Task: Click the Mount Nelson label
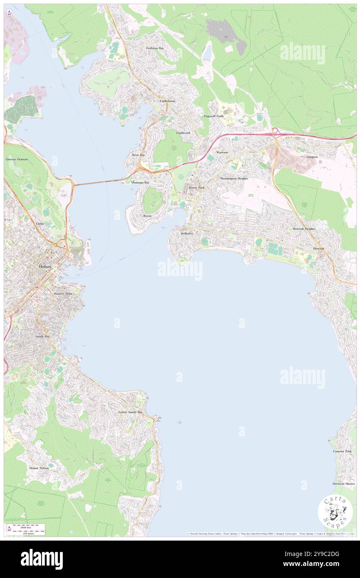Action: point(39,468)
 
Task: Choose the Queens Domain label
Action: point(17,159)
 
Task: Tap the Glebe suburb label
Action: point(40,223)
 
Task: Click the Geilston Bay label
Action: point(155,48)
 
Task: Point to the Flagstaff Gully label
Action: point(214,116)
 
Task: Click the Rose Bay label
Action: point(138,155)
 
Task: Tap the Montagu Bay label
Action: point(140,183)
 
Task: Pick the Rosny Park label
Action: point(197,188)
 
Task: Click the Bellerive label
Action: point(187,234)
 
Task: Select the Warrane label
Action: point(222,153)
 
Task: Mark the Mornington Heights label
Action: point(234,178)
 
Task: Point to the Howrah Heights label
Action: point(304,229)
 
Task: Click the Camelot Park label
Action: point(342,451)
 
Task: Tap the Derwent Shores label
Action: point(343,484)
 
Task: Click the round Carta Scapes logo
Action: point(335,513)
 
